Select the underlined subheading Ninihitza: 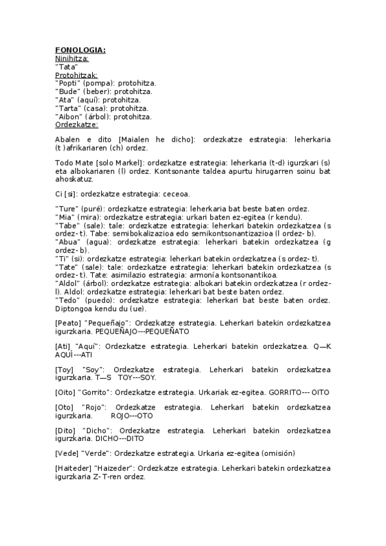[72, 59]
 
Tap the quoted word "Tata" [66, 66]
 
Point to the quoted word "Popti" [68, 83]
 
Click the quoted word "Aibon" [69, 117]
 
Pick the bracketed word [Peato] [68, 323]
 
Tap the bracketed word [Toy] [64, 370]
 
